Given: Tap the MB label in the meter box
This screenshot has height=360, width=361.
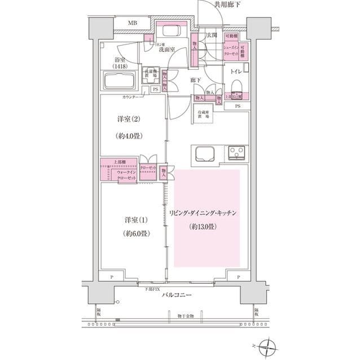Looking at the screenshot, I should [x=131, y=23].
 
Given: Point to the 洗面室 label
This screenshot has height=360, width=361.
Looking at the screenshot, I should [x=166, y=50].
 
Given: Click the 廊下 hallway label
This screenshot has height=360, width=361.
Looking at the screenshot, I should [x=196, y=81].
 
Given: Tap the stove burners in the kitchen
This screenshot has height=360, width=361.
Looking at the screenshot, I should [x=236, y=152].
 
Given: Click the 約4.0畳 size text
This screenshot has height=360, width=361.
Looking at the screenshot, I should [x=128, y=136].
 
